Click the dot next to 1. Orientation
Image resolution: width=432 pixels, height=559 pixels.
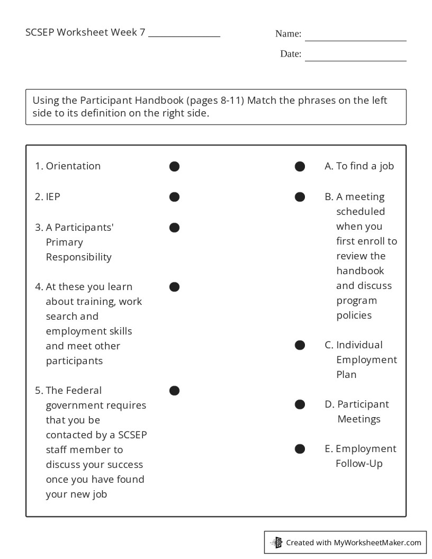pyautogui.click(x=174, y=166)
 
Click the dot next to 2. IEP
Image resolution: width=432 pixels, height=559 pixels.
pyautogui.click(x=174, y=197)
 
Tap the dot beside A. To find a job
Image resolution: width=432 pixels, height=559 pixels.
pyautogui.click(x=300, y=166)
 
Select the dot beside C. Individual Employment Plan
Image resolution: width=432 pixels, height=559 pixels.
pyautogui.click(x=300, y=345)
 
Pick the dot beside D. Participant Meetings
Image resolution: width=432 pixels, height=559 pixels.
pyautogui.click(x=300, y=404)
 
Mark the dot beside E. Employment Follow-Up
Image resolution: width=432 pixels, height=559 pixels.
pyautogui.click(x=300, y=449)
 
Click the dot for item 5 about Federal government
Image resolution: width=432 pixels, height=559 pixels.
pyautogui.click(x=174, y=391)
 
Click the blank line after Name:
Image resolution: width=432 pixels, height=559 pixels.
pyautogui.click(x=355, y=37)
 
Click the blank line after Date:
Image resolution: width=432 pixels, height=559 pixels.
pyautogui.click(x=355, y=57)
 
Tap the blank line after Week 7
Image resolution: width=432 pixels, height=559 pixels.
pyautogui.click(x=184, y=33)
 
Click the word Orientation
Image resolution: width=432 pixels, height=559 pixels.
pyautogui.click(x=73, y=166)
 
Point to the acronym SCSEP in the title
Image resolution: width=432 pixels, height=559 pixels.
pyautogui.click(x=40, y=32)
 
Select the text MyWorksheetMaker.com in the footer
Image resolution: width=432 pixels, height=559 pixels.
pyautogui.click(x=377, y=543)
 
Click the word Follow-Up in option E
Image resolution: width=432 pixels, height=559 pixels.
pyautogui.click(x=359, y=464)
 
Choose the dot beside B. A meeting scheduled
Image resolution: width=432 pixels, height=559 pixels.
pyautogui.click(x=300, y=197)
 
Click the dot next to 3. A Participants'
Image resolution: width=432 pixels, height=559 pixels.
pyautogui.click(x=174, y=228)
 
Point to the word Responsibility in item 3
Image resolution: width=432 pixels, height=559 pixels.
pyautogui.click(x=79, y=257)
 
